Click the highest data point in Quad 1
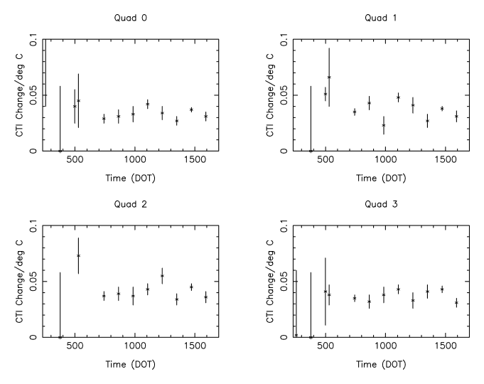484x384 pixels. [x=329, y=77]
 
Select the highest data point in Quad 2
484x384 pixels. [x=78, y=255]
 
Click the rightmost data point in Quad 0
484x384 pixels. [x=205, y=116]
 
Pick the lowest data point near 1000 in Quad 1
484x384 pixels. [x=384, y=125]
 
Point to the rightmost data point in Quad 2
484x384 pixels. [x=205, y=297]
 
